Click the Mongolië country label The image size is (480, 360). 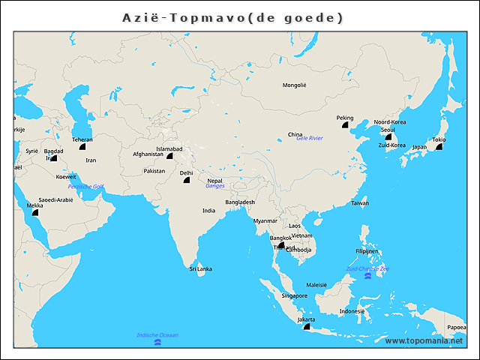point(294,85)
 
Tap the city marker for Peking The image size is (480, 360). point(346,127)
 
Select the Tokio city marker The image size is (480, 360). point(439,148)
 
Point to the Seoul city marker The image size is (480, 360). point(388,137)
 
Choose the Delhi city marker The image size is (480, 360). point(186,180)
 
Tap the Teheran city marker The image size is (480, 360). point(82,148)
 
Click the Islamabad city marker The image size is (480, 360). point(170,157)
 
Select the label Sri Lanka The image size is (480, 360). point(200,268)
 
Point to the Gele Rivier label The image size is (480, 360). point(309,139)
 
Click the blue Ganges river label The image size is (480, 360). point(215,186)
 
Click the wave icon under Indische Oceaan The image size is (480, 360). point(157,343)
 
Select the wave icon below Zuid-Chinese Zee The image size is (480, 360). point(367,277)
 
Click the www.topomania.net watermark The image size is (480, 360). point(424,341)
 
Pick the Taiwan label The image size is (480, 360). point(360,203)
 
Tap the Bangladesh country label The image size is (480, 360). point(240,202)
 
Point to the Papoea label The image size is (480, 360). point(457,328)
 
